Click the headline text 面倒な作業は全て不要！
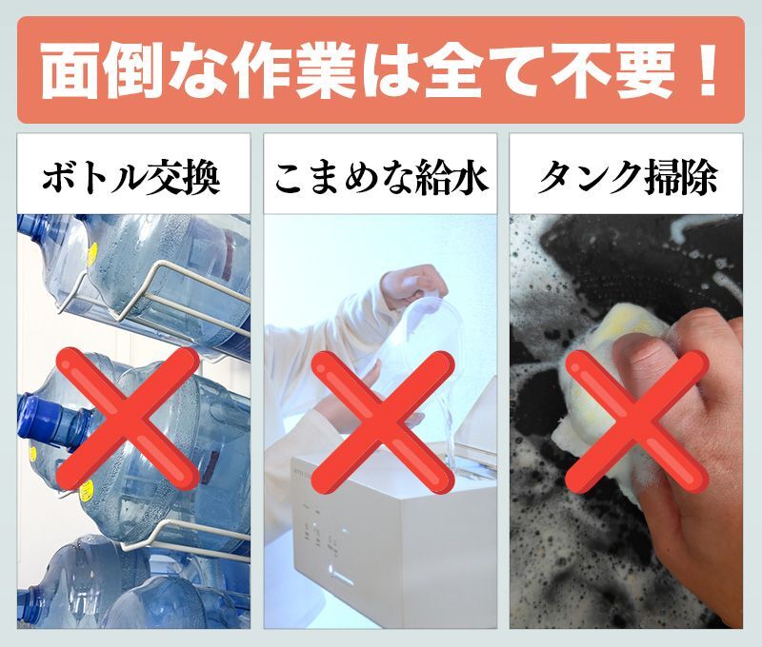pos(379,70)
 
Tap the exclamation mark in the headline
pos(707,69)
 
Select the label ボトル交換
pos(131,178)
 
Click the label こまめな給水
pos(380,178)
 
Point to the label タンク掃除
pos(626,178)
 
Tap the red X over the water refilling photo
pos(382,422)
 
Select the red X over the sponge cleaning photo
pos(636,422)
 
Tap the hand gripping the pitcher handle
pos(413,284)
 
